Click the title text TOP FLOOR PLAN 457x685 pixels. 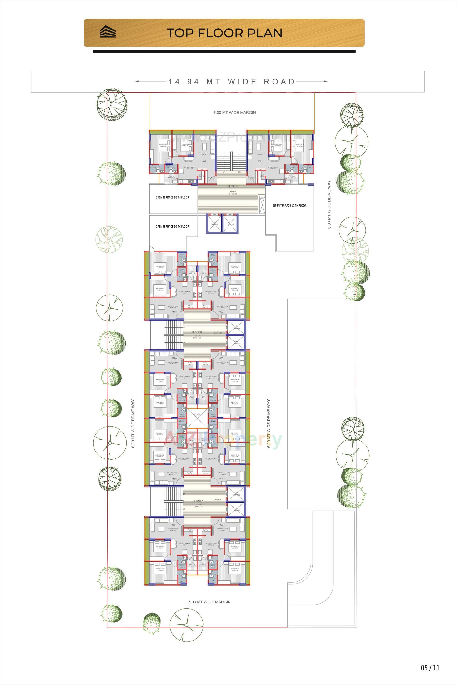pyautogui.click(x=224, y=33)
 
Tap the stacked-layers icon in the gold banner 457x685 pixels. pyautogui.click(x=108, y=32)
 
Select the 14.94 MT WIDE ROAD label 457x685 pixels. pyautogui.click(x=232, y=82)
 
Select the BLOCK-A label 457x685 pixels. pyautogui.click(x=233, y=186)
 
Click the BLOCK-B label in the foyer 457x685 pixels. pyautogui.click(x=197, y=332)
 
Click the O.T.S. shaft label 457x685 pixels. pyautogui.click(x=198, y=413)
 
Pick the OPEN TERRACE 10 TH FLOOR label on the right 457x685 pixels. pyautogui.click(x=289, y=205)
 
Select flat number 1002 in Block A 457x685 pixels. pyautogui.click(x=204, y=161)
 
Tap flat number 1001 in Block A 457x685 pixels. pyautogui.click(x=260, y=161)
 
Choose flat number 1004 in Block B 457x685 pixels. pyautogui.click(x=174, y=358)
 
